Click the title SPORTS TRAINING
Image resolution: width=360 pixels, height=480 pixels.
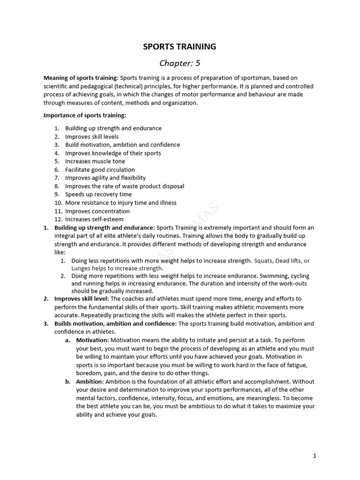click(180, 46)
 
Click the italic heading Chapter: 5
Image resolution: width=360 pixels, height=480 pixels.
click(180, 63)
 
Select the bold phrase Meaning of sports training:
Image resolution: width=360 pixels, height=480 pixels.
click(81, 78)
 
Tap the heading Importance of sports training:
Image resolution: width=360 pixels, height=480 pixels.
click(85, 115)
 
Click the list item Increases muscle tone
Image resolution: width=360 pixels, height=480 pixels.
click(95, 161)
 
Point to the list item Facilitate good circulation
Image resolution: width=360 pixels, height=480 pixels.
click(100, 170)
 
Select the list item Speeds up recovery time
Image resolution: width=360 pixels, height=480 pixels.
click(98, 195)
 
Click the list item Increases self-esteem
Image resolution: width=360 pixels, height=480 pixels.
click(94, 219)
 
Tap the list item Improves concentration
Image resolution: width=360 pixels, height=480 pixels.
click(97, 211)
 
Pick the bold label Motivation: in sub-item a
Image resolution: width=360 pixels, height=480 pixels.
click(92, 340)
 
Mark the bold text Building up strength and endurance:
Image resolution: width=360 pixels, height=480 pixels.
click(105, 228)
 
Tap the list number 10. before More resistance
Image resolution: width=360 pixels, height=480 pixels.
click(58, 203)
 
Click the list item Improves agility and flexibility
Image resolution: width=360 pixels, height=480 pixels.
click(105, 178)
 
